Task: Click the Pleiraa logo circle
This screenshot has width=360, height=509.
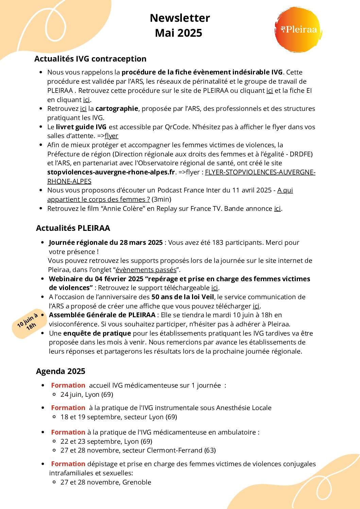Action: coord(298,30)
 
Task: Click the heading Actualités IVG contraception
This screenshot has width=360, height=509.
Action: coord(90,59)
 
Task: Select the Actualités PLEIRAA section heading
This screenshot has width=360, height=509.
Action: coord(73,228)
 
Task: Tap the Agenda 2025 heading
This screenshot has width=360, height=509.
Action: coord(61,371)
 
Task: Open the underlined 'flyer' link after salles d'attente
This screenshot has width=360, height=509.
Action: coord(112,136)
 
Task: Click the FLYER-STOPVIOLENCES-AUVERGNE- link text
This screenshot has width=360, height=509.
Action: coord(260,172)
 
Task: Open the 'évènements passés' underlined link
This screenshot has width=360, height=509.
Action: coord(146,270)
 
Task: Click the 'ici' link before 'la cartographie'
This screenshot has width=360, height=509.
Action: coord(83,109)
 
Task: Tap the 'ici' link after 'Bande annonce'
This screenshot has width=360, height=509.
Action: coord(277,209)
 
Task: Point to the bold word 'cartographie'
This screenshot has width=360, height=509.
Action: coord(117,109)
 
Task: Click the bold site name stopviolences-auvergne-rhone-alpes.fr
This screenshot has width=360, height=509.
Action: coord(111,172)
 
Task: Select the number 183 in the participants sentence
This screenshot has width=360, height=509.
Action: coord(218,243)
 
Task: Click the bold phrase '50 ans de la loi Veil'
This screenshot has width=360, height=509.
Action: coord(183,297)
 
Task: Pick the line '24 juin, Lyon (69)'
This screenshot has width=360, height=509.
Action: coord(87,395)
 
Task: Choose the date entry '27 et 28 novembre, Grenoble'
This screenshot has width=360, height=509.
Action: coord(106,482)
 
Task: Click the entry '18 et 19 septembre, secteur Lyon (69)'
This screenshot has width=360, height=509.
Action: coord(119,417)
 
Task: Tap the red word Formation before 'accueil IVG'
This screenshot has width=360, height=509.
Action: coord(68,386)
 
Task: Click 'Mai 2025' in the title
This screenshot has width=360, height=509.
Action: coord(178,33)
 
